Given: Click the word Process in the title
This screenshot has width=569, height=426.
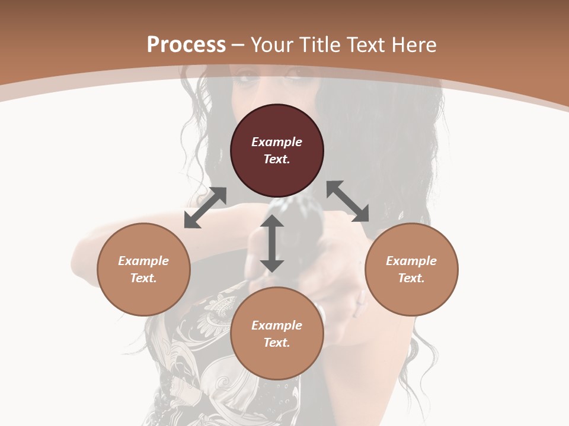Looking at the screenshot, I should [x=186, y=44].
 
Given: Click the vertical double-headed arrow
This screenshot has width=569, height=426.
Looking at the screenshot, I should [x=272, y=243].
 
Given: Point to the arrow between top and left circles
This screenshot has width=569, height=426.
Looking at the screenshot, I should [x=205, y=208].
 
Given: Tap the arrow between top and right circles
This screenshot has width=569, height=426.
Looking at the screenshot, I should [x=347, y=201].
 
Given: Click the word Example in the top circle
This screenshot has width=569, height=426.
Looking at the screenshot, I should [x=277, y=142].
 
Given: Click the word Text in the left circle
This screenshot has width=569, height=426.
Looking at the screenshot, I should [x=143, y=278].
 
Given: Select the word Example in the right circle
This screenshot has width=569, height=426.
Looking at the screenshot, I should [x=411, y=261].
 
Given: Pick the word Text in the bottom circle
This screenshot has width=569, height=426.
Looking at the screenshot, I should [x=277, y=343].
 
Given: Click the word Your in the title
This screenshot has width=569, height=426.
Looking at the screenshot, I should [x=271, y=44].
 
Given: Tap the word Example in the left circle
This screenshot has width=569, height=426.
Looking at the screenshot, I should [x=143, y=261].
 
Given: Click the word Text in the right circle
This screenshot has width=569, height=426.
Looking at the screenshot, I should [x=411, y=278].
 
